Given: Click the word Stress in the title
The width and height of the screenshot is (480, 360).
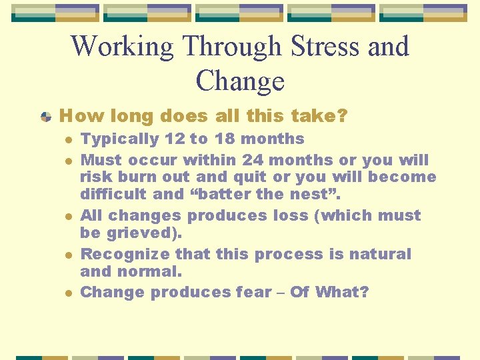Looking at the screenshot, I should click(326, 47).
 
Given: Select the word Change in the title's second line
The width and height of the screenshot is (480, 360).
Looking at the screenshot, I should click(240, 81).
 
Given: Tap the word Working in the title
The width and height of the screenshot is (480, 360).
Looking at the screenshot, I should click(121, 47).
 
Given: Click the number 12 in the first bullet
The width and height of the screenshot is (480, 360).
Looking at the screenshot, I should click(175, 139).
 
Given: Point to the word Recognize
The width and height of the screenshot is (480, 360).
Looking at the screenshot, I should click(122, 254).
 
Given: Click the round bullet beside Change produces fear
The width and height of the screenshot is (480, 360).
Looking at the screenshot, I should click(68, 293).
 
